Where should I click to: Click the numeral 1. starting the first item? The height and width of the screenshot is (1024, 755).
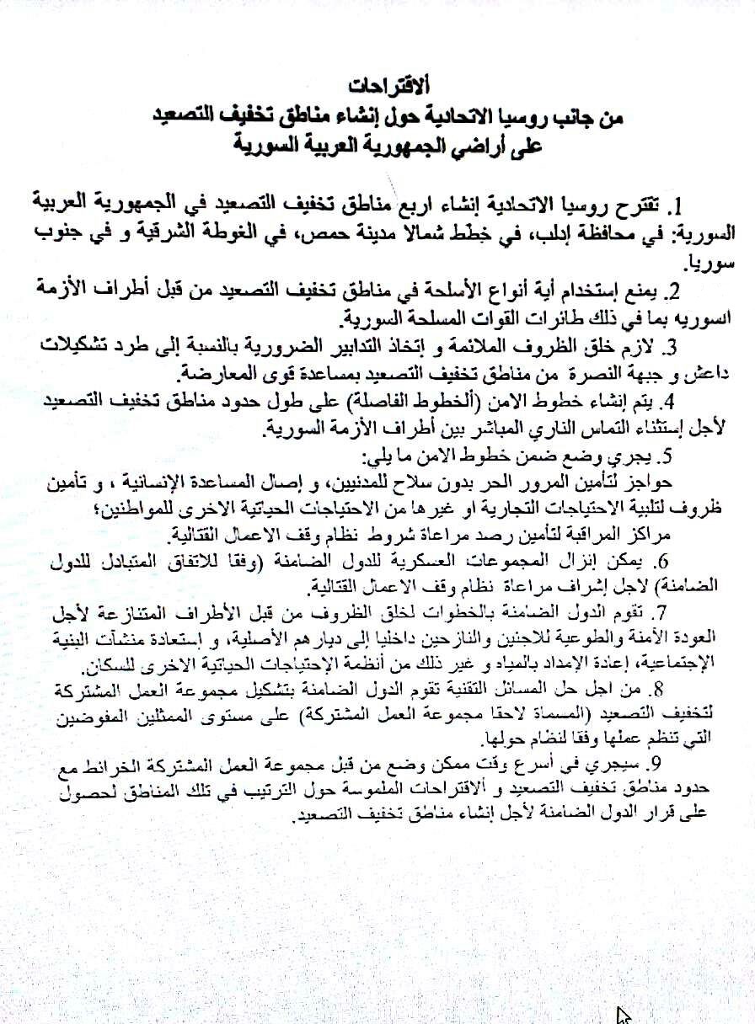[x=674, y=205]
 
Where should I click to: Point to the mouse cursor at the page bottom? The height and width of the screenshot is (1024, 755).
[x=624, y=1016]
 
